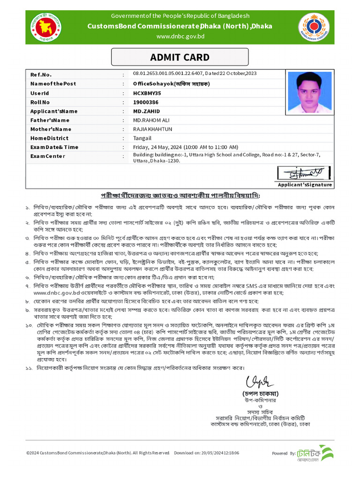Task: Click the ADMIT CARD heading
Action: pos(180,58)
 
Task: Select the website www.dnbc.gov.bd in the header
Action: pos(180,36)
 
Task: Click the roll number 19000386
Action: pos(146,102)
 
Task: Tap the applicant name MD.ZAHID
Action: pos(146,111)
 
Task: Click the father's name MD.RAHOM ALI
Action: pos(153,120)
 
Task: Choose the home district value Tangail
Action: pos(142,138)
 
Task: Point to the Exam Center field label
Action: pos(48,156)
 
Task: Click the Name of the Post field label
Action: pos(53,84)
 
